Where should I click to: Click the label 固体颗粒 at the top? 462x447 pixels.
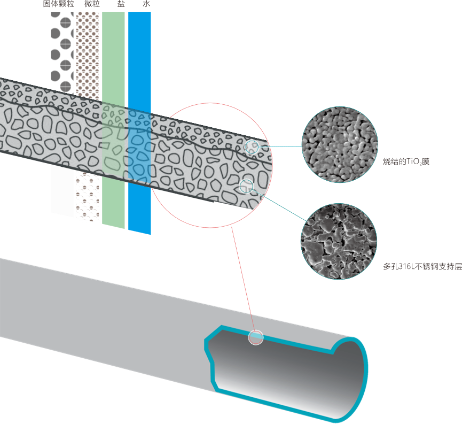click(x=59, y=3)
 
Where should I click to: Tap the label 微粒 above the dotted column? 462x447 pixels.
click(x=92, y=3)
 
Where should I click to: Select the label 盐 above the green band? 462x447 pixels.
click(x=121, y=3)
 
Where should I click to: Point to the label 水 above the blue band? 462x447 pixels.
click(x=146, y=3)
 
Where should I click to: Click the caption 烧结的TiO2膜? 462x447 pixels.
click(x=406, y=161)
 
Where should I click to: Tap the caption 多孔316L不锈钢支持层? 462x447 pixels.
click(x=422, y=266)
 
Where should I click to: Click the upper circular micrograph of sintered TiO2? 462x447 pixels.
click(x=340, y=144)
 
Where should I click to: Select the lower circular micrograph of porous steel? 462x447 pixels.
click(x=339, y=241)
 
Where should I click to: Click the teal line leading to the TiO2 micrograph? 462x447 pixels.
click(x=280, y=147)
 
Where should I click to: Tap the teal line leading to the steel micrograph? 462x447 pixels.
click(x=280, y=206)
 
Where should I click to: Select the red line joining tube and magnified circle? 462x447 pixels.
click(x=243, y=279)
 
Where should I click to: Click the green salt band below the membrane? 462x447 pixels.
click(x=113, y=201)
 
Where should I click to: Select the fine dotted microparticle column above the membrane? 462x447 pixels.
click(x=88, y=55)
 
